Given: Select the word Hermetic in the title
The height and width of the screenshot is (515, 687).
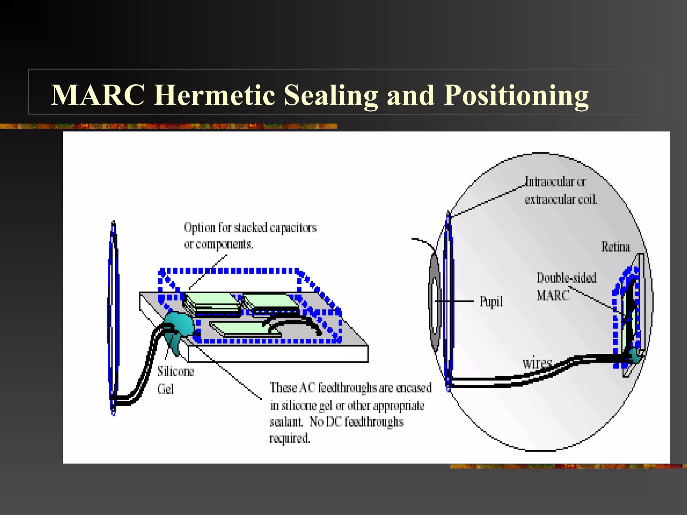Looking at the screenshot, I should click(215, 95).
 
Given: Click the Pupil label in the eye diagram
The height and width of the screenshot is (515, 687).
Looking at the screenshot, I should click(491, 302).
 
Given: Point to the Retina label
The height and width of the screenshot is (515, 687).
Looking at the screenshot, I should click(615, 247).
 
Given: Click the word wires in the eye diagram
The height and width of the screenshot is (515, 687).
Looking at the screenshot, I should click(536, 363).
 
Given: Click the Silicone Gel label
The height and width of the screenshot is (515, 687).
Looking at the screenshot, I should click(175, 380).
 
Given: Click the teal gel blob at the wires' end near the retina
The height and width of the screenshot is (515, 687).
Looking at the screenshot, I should click(634, 355).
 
